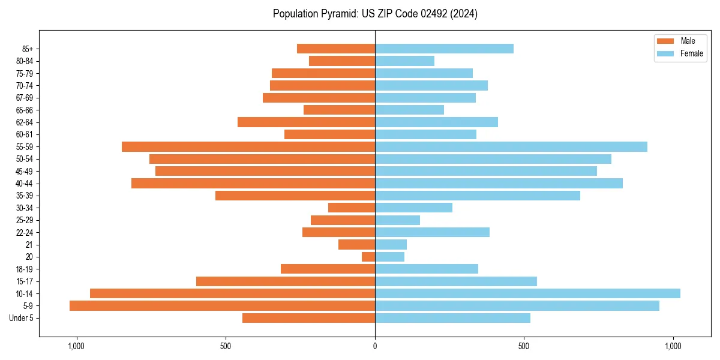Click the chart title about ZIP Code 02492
[x=375, y=14]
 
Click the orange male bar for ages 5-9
[x=222, y=305]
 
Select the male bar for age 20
[x=368, y=257]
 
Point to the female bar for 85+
[x=444, y=49]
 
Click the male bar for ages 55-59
[x=248, y=146]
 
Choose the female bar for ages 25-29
[x=397, y=220]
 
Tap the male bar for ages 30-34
[x=352, y=208]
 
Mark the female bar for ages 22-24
[x=432, y=232]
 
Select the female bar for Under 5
[x=452, y=318]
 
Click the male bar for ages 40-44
[x=253, y=183]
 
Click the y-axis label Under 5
[x=22, y=318]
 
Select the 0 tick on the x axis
[x=375, y=346]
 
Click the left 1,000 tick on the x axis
[x=76, y=346]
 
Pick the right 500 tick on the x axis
[x=524, y=346]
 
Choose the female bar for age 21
[x=391, y=244]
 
